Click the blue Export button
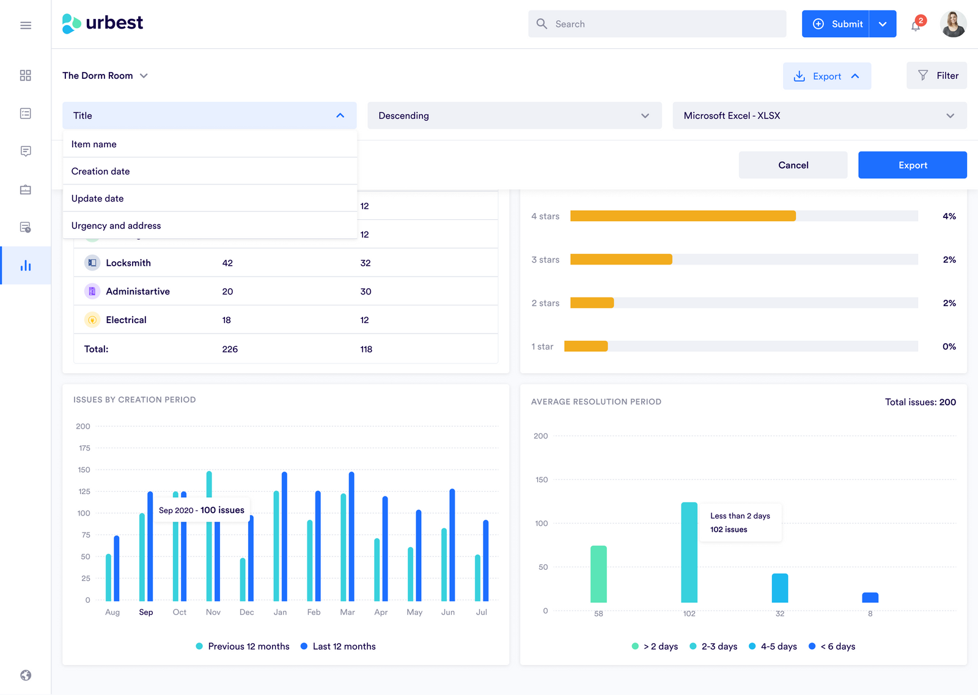point(912,165)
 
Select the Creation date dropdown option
point(101,171)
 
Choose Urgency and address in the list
point(116,225)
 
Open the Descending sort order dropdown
point(514,115)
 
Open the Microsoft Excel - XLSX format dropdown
point(819,115)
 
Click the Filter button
point(936,76)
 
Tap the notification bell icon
point(916,26)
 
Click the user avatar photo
point(953,24)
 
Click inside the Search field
point(657,24)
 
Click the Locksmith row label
point(128,263)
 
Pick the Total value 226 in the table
point(230,349)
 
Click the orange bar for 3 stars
point(621,260)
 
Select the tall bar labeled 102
point(689,552)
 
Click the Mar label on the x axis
point(347,612)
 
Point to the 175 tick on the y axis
point(84,448)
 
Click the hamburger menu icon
point(26,25)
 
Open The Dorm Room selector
point(105,76)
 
